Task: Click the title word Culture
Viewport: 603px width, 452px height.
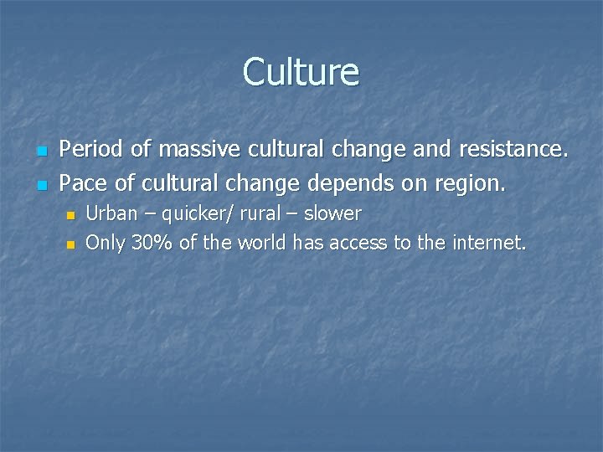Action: coord(301,72)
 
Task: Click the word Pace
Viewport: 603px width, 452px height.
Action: coord(84,182)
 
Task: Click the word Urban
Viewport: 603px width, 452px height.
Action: coord(111,213)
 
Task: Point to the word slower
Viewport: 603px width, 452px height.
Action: coord(332,213)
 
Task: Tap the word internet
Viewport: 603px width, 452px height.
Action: coord(489,243)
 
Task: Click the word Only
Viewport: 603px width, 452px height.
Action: coord(105,244)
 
